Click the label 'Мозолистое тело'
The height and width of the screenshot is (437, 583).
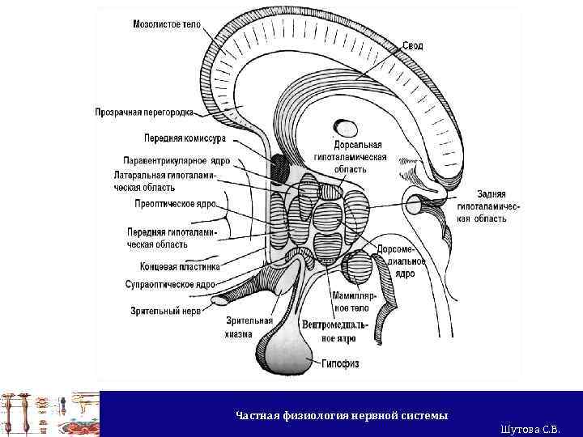pyautogui.click(x=167, y=24)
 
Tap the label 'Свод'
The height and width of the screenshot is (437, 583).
pyautogui.click(x=413, y=46)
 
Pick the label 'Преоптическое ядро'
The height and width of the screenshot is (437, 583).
pyautogui.click(x=175, y=205)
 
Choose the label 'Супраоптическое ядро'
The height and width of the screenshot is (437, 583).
pyautogui.click(x=170, y=285)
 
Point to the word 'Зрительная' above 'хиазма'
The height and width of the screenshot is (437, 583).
pyautogui.click(x=249, y=320)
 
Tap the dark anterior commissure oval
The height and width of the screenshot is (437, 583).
pyautogui.click(x=279, y=167)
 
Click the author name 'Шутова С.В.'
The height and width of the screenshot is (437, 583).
pyautogui.click(x=530, y=428)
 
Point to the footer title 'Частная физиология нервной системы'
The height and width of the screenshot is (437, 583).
pyautogui.click(x=342, y=415)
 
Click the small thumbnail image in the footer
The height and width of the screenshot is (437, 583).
pyautogui.click(x=49, y=414)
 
